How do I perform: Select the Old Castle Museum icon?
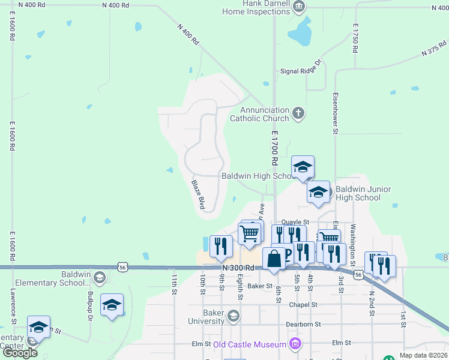tap(295, 344)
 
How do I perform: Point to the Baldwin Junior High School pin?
tap(318, 192)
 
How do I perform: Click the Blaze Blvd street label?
tap(199, 194)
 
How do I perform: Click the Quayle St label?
tap(295, 221)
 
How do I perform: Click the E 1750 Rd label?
tap(355, 39)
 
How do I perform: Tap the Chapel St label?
tap(303, 305)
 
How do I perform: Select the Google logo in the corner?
tap(20, 353)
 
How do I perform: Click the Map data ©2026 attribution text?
tap(423, 355)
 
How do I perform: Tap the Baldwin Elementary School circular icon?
tap(100, 277)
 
